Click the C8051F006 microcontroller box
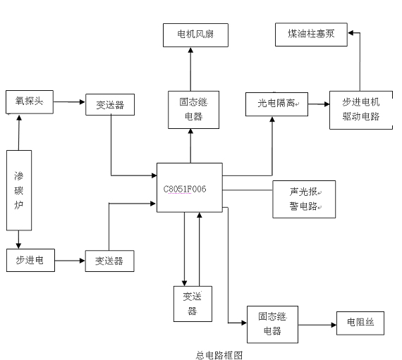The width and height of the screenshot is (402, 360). pyautogui.click(x=190, y=187)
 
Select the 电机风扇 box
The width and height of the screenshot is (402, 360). pyautogui.click(x=195, y=35)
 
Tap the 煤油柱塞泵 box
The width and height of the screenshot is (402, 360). pyautogui.click(x=311, y=35)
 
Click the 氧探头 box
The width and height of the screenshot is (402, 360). pyautogui.click(x=30, y=102)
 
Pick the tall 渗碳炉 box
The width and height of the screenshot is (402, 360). pyautogui.click(x=19, y=190)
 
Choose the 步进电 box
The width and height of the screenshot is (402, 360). pyautogui.click(x=30, y=260)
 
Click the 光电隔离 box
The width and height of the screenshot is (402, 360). pyautogui.click(x=276, y=104)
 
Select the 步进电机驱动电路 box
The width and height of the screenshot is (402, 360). pyautogui.click(x=361, y=110)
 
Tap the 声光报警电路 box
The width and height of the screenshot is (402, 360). pyautogui.click(x=304, y=199)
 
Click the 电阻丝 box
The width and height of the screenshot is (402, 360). pyautogui.click(x=360, y=323)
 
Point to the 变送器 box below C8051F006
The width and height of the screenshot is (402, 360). pyautogui.click(x=193, y=304)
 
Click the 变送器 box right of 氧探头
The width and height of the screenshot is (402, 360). pyautogui.click(x=110, y=104)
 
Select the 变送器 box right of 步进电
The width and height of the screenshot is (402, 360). pyautogui.click(x=109, y=261)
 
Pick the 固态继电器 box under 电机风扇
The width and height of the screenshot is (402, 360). pyautogui.click(x=193, y=110)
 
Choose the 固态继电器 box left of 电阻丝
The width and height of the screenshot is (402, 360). pyautogui.click(x=272, y=324)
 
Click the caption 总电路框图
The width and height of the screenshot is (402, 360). pyautogui.click(x=219, y=355)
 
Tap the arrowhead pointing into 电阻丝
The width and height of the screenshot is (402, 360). pyautogui.click(x=334, y=325)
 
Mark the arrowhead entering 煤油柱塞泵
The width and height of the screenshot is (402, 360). pyautogui.click(x=351, y=33)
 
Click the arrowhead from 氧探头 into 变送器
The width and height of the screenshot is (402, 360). pyautogui.click(x=83, y=102)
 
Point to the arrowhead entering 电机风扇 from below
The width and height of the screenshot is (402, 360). pyautogui.click(x=190, y=50)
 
